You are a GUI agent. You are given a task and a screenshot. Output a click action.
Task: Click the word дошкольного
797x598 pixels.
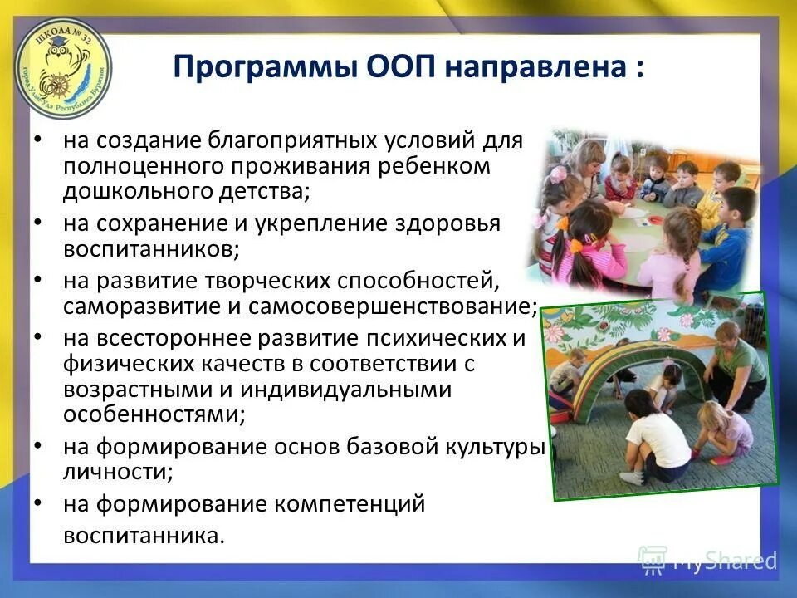pos(126,192)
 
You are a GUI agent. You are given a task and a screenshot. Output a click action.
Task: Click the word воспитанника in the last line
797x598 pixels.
pos(144,535)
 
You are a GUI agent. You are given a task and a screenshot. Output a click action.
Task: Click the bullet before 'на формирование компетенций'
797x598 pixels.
pos(39,503)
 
